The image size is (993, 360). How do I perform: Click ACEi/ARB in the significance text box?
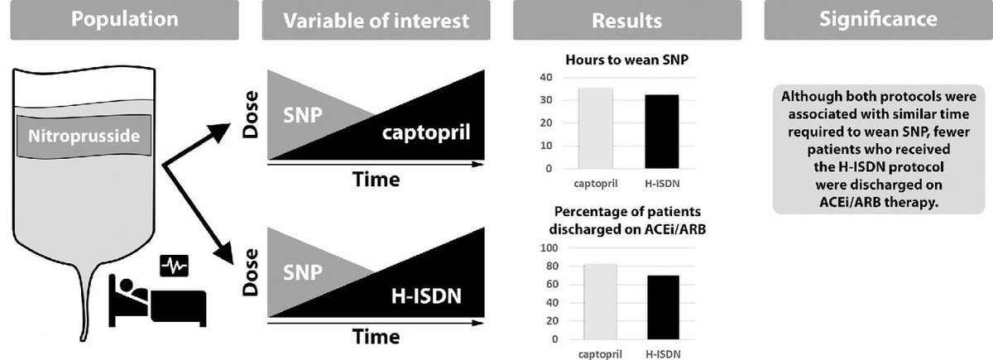840,204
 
